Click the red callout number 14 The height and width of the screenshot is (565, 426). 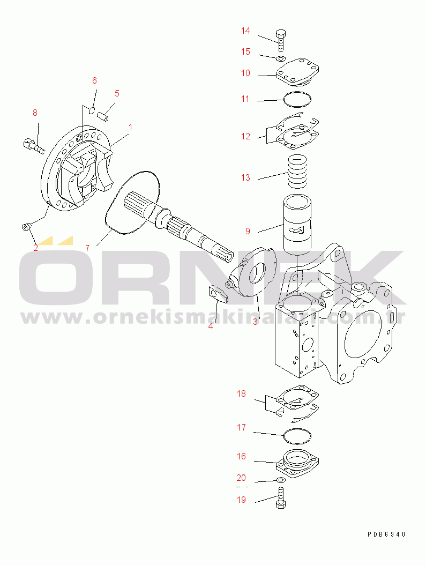point(245,31)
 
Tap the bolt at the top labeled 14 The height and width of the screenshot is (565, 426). point(281,41)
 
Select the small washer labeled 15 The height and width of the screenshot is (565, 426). point(281,58)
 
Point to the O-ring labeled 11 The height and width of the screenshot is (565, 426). point(297,100)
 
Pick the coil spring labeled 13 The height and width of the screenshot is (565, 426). point(298,172)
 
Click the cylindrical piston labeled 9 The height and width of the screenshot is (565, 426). point(297,224)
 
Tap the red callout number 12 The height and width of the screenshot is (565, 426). point(245,137)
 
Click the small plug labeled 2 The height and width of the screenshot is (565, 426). point(26,226)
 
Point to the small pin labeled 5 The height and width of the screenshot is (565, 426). point(103,117)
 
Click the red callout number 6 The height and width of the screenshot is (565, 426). point(94,80)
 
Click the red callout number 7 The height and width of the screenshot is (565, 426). point(87,248)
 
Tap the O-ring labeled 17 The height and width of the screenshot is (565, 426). point(297,436)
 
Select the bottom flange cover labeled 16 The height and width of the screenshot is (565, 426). point(297,464)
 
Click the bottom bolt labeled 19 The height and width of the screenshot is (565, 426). point(281,497)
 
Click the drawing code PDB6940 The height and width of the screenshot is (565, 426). point(386,534)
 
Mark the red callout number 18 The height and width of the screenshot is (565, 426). point(241,393)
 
